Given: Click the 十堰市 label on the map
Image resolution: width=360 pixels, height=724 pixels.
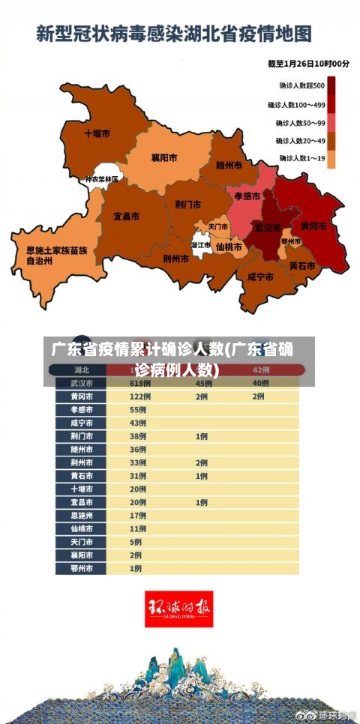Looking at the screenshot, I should tap(97, 133).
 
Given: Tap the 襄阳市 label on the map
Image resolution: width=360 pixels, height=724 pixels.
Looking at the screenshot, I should tap(164, 157).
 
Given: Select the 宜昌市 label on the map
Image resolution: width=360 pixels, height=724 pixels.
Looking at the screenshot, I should tap(126, 216).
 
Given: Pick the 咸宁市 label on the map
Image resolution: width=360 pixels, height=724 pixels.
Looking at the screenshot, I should tap(259, 277).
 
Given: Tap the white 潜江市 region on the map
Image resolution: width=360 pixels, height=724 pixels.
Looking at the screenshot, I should tap(200, 245).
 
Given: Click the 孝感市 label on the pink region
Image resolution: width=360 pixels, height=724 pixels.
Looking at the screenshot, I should tap(247, 196).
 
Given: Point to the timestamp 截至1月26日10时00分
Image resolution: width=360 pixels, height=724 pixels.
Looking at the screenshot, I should tap(308, 64).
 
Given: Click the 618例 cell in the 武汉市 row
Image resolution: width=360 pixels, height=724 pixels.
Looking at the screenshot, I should tap(140, 383).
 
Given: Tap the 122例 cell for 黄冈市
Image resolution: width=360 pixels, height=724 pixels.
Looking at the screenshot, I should tap(140, 396).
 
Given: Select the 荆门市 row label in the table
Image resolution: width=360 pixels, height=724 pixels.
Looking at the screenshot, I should tap(82, 436).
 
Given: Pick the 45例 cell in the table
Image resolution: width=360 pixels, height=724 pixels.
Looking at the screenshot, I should tap(203, 383).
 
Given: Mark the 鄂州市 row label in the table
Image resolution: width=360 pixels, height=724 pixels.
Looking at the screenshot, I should tap(82, 568).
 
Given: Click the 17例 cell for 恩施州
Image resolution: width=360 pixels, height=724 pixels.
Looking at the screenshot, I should tap(138, 516).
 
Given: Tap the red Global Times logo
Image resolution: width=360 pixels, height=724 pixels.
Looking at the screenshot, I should tap(178, 609).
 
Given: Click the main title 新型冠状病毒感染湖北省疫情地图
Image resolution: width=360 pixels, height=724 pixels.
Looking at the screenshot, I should tap(174, 34).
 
